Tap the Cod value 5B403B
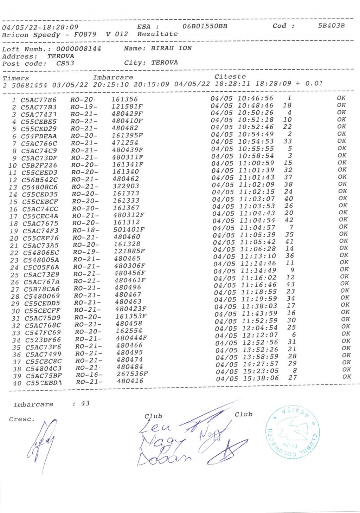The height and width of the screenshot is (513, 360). [331, 26]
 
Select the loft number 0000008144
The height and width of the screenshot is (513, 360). [78, 49]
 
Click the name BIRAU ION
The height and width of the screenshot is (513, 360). [171, 48]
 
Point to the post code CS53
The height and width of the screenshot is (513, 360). [65, 64]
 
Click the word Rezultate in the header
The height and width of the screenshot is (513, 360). [157, 34]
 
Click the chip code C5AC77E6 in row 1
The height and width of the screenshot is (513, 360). [38, 100]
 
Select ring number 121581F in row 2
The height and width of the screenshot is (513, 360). [127, 106]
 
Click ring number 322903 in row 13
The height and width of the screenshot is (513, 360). [126, 186]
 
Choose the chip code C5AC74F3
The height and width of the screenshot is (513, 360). [40, 231]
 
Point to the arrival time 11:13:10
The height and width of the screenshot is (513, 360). [258, 256]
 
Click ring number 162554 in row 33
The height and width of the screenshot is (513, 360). [129, 331]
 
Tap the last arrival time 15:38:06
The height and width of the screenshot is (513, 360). [261, 378]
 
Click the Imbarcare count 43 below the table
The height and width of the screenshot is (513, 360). [85, 403]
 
